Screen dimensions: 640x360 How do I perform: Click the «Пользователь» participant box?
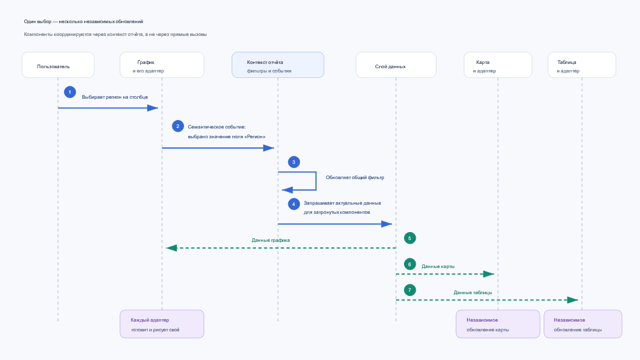pos(58,65)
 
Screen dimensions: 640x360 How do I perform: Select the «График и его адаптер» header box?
pos(162,65)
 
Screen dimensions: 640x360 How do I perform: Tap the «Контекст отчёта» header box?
pos(278,65)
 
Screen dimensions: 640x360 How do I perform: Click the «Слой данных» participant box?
pos(396,65)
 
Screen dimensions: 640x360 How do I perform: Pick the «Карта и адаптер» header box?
pos(498,65)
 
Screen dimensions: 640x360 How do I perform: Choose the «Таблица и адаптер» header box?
pos(582,65)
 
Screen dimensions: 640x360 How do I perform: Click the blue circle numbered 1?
pos(70,92)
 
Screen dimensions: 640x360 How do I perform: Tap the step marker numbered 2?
pos(178,126)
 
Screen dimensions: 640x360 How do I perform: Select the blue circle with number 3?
pos(294,162)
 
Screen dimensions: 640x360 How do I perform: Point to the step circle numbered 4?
pos(294,204)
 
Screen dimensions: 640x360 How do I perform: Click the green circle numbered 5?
pos(410,238)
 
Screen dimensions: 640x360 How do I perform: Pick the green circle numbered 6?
pos(410,264)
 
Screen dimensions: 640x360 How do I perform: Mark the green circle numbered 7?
pos(410,291)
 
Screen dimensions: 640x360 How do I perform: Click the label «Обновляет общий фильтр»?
pos(355,178)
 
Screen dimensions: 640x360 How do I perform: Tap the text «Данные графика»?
pos(271,241)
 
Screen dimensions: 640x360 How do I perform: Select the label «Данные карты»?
pos(438,267)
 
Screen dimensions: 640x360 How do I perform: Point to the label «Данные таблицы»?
pos(472,293)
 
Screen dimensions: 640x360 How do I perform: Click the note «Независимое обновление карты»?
pos(498,324)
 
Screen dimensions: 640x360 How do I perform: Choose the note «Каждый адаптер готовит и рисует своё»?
pos(162,324)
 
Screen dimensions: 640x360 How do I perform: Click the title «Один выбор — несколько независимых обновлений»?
pos(84,21)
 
